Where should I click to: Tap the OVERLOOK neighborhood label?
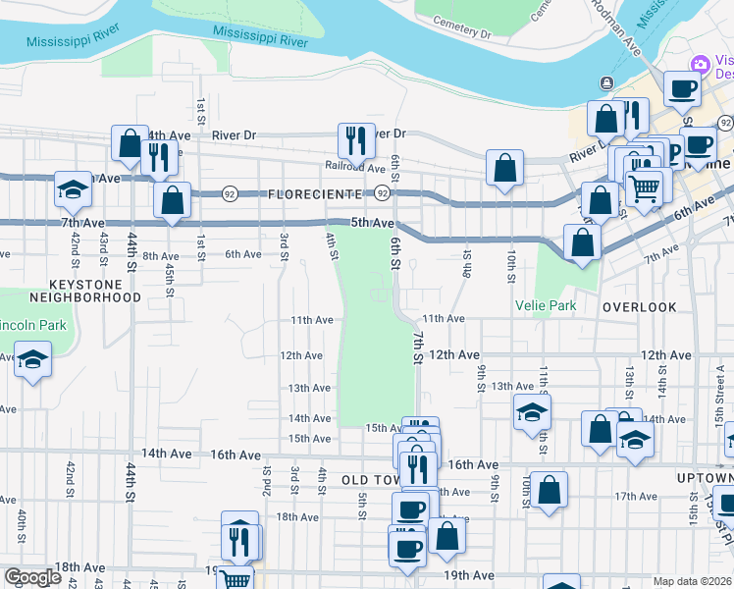coord(640,307)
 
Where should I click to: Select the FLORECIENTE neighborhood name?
coord(313,195)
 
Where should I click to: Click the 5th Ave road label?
coord(373,223)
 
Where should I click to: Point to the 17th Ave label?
coord(635,496)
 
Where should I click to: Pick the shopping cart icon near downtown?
coord(644,187)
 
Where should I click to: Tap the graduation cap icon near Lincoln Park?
coord(32,360)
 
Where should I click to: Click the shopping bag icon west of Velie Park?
coord(582,242)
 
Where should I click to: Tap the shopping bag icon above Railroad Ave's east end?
coord(504,167)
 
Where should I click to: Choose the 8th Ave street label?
coord(160,255)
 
